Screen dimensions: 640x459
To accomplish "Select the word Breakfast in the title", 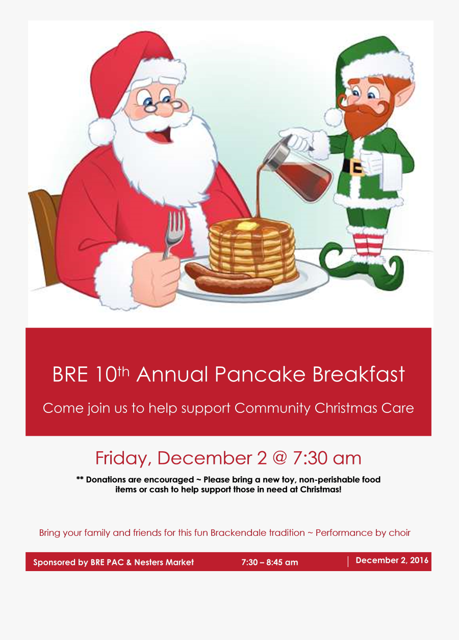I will pyautogui.click(x=359, y=375).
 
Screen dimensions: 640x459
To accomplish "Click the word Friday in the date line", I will pyautogui.click(x=123, y=458).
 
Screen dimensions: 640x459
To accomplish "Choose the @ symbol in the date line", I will pyautogui.click(x=279, y=458).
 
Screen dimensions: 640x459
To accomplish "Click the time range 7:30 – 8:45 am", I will pyautogui.click(x=269, y=562).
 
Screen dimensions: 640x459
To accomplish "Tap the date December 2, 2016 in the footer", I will pyautogui.click(x=392, y=560).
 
